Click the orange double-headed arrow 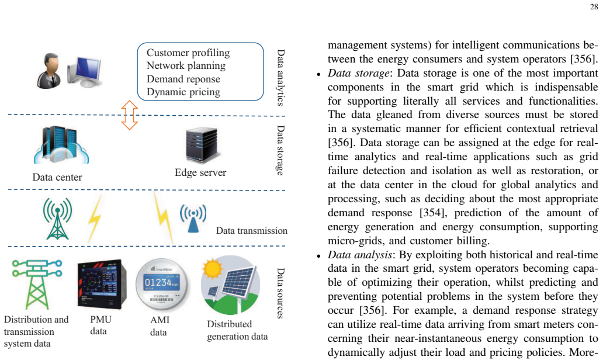click(x=130, y=115)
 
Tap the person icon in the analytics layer click(x=49, y=71)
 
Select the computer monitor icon click(x=84, y=71)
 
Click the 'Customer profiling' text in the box click(x=188, y=53)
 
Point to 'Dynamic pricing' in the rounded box click(x=183, y=92)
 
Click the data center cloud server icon click(x=61, y=145)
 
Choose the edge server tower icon click(x=202, y=144)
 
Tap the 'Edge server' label click(x=200, y=172)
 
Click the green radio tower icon click(x=57, y=219)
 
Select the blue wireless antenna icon click(x=193, y=217)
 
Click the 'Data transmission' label click(x=251, y=231)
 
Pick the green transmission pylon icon click(x=37, y=284)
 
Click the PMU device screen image click(x=102, y=284)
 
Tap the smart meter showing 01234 click(x=162, y=284)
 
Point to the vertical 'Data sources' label click(x=280, y=293)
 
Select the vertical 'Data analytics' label click(x=280, y=77)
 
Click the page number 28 click(x=594, y=7)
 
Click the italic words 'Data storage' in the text click(x=358, y=73)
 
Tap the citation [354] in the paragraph click(x=431, y=213)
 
